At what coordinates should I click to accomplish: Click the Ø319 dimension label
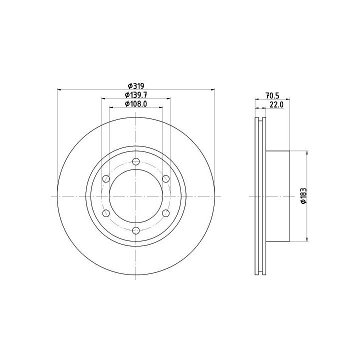click(136, 86)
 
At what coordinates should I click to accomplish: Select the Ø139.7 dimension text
click(136, 94)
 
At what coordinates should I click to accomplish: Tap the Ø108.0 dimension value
click(136, 104)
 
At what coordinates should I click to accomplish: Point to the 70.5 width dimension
click(272, 95)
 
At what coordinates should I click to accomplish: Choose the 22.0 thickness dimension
click(276, 104)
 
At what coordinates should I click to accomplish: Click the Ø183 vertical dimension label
click(303, 196)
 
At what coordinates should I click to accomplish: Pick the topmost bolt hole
click(136, 161)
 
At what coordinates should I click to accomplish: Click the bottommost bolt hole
click(136, 230)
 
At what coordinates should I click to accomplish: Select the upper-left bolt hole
click(106, 178)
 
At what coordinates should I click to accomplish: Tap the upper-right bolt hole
click(166, 178)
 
